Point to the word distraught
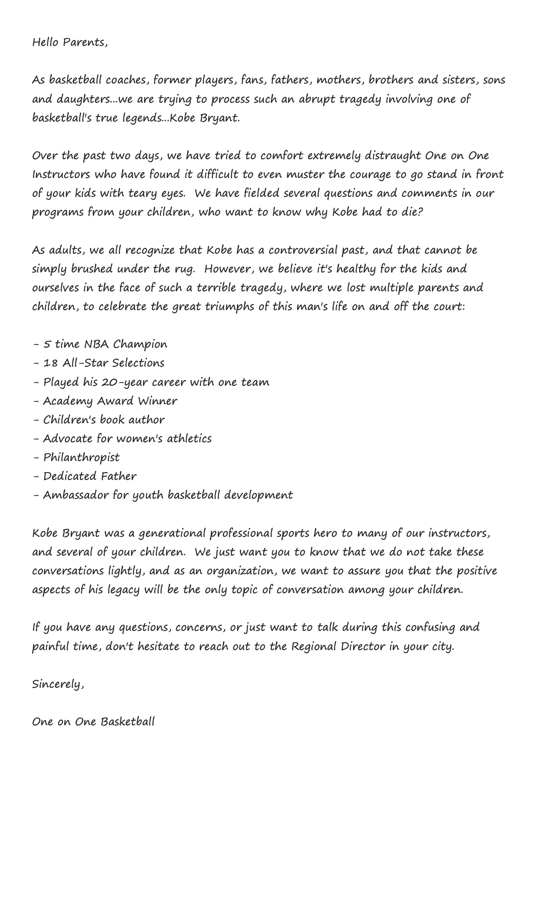click(393, 155)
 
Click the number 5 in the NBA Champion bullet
click(47, 344)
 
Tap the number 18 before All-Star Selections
click(50, 363)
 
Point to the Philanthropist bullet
click(81, 458)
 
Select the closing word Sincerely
click(58, 684)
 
